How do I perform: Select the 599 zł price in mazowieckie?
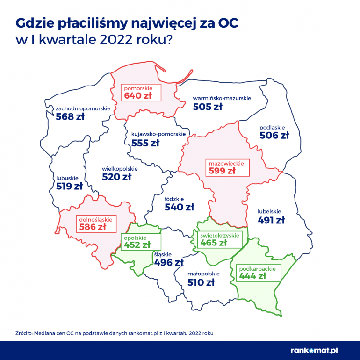[222, 171]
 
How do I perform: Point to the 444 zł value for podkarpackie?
[252, 276]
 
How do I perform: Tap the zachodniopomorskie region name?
[83, 108]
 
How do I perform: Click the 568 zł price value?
[70, 117]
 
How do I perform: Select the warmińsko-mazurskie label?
[222, 99]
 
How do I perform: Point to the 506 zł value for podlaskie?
[274, 136]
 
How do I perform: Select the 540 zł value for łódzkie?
[179, 207]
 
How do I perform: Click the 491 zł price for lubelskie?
[271, 220]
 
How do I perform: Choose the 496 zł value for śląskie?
[168, 263]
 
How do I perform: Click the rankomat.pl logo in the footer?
[321, 349]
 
